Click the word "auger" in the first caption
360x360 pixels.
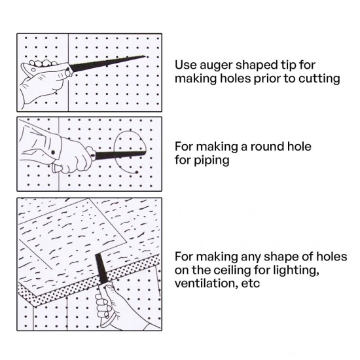pyautogui.click(x=215, y=65)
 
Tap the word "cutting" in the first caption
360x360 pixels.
pyautogui.click(x=319, y=79)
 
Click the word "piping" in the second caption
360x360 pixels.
pyautogui.click(x=211, y=160)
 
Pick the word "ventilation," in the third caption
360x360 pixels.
pyautogui.click(x=206, y=283)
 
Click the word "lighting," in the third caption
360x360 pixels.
pyautogui.click(x=296, y=270)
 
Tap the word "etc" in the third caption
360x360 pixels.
pyautogui.click(x=250, y=284)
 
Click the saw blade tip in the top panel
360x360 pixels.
pyautogui.click(x=145, y=56)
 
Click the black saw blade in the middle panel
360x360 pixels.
pyautogui.click(x=120, y=155)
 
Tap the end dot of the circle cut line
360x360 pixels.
pyautogui.click(x=137, y=172)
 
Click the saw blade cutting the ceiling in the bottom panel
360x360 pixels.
pyautogui.click(x=101, y=268)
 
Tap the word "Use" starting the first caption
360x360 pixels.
pyautogui.click(x=185, y=65)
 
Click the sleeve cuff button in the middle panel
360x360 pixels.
pyautogui.click(x=53, y=153)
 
